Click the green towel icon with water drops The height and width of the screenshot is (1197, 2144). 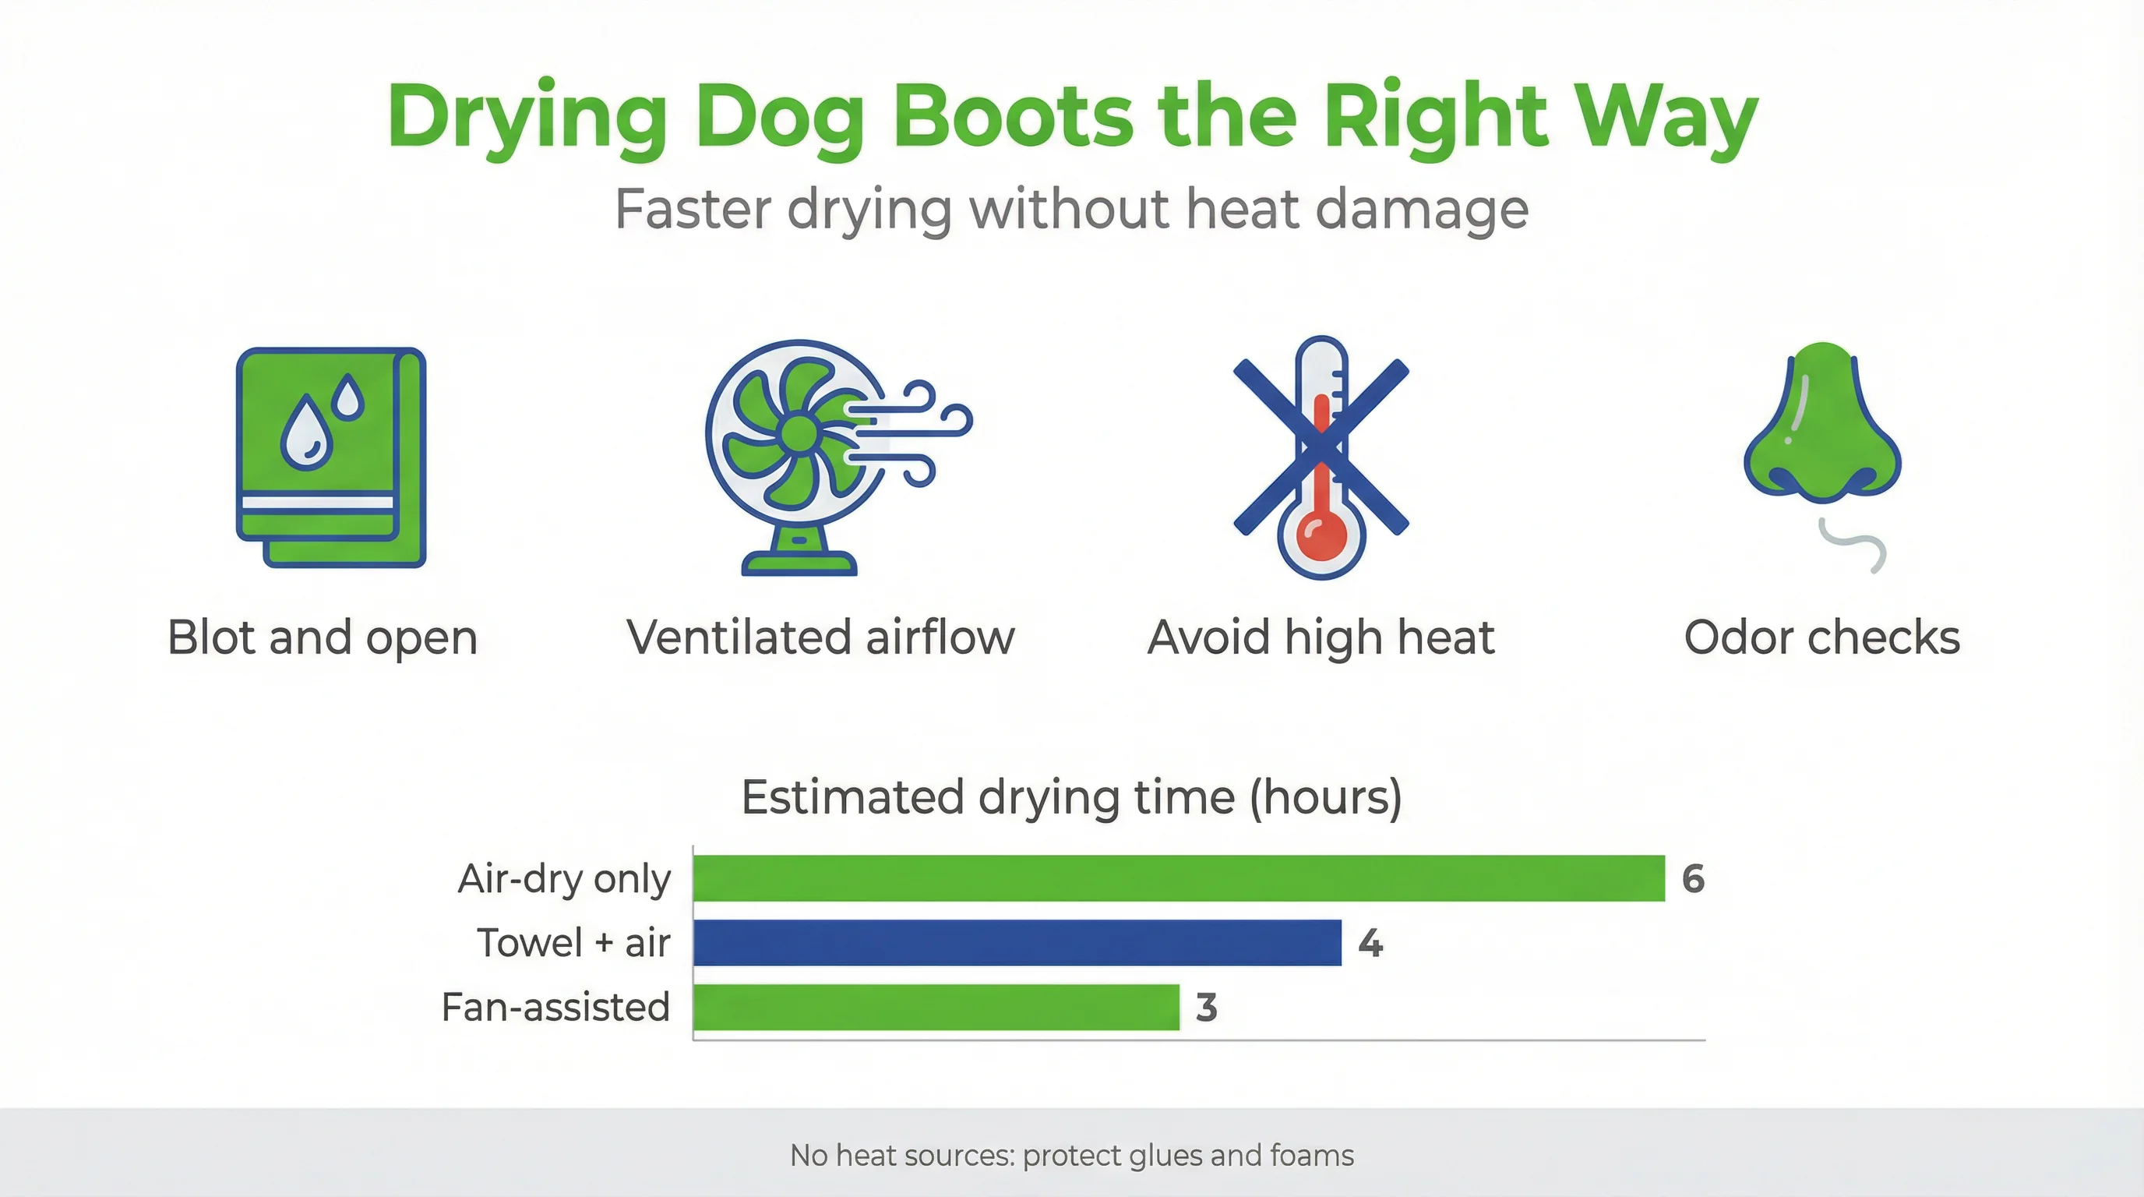click(x=331, y=457)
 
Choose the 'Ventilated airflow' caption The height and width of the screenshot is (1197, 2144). click(x=820, y=637)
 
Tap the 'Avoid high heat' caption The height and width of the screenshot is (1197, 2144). click(x=1321, y=637)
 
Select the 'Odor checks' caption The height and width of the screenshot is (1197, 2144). click(x=1822, y=637)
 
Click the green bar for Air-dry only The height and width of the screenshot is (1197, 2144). click(x=1179, y=878)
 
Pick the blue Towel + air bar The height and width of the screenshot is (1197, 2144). click(x=1017, y=942)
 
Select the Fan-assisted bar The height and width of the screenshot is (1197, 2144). click(x=936, y=1007)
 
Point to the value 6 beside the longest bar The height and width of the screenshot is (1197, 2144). click(x=1694, y=879)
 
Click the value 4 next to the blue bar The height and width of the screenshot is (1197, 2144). click(x=1370, y=943)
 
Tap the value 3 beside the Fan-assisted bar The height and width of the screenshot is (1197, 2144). click(x=1207, y=1008)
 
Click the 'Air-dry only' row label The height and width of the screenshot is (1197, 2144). click(x=563, y=879)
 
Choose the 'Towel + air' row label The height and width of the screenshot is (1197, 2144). click(x=573, y=943)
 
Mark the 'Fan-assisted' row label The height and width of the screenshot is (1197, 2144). click(x=555, y=1007)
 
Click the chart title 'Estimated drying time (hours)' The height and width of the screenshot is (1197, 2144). click(x=1071, y=796)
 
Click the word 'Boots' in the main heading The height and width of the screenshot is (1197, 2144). click(x=1013, y=117)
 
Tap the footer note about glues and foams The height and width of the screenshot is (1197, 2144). click(x=1072, y=1156)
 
